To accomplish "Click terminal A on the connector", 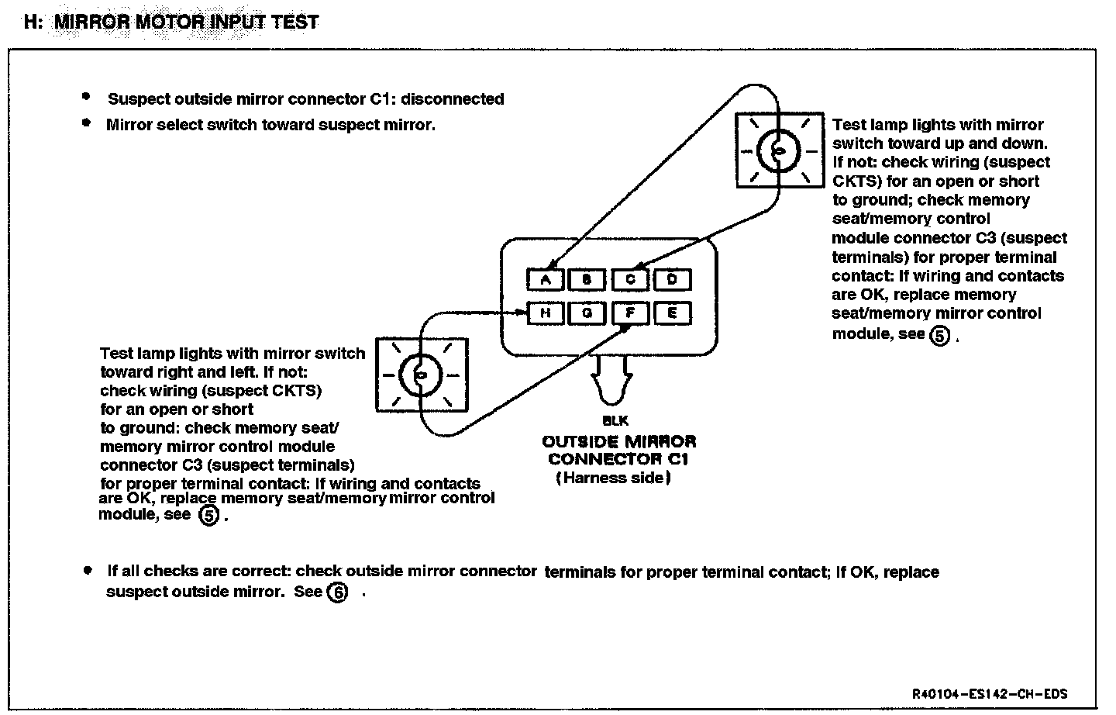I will [546, 280].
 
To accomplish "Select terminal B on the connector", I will [587, 280].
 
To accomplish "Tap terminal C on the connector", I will [630, 280].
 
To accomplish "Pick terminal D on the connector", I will [672, 280].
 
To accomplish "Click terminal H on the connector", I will [546, 313].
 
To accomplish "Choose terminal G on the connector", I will [587, 313].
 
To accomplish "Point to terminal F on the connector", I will [630, 313].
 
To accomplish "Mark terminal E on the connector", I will [672, 313].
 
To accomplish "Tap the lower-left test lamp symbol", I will [422, 375].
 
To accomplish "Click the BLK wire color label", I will [615, 421].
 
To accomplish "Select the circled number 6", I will [337, 592].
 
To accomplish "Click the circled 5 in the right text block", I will [939, 335].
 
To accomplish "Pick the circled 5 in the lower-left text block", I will [210, 515].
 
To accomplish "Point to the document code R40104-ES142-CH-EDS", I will [994, 694].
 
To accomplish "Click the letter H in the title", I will [31, 21].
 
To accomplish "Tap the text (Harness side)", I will [613, 478].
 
